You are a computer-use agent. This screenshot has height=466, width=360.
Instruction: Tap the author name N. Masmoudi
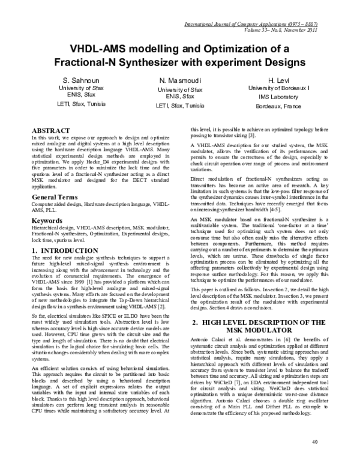coord(180,80)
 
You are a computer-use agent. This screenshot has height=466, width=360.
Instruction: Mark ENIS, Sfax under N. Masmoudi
coord(180,96)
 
